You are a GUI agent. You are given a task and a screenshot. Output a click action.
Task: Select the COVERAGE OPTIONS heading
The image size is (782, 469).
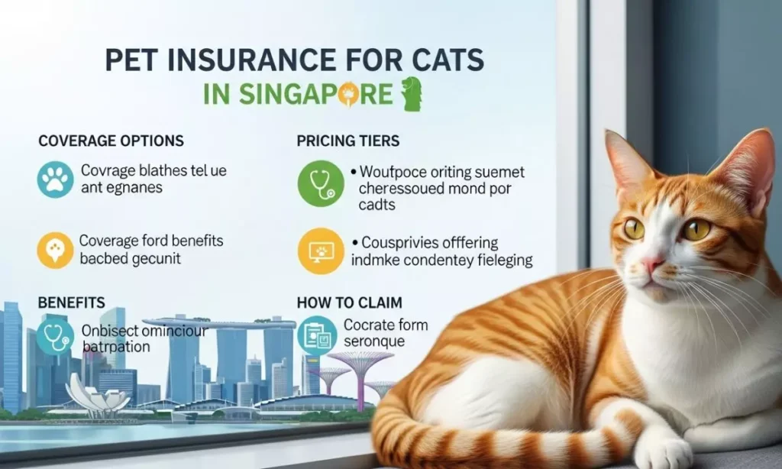point(111,141)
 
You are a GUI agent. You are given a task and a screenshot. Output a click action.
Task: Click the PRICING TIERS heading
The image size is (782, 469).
point(347,141)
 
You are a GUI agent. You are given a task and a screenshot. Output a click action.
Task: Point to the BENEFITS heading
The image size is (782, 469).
point(71,303)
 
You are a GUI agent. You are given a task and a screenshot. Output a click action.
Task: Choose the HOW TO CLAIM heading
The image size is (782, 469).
point(349,303)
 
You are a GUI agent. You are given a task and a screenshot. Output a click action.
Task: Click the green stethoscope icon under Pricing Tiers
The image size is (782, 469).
point(321,183)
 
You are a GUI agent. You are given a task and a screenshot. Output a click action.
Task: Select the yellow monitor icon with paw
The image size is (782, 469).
point(321,251)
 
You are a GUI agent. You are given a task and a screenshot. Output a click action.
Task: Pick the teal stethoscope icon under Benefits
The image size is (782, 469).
point(55,336)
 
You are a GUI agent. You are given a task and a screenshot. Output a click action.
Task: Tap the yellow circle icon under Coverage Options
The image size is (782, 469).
point(55,250)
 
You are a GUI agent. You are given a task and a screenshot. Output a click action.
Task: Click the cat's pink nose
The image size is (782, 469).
point(650,264)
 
